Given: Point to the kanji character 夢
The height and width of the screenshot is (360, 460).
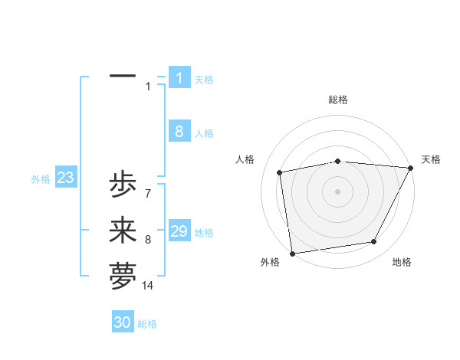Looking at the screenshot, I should pyautogui.click(x=123, y=277).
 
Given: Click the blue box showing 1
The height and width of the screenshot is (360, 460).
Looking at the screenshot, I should pyautogui.click(x=179, y=77).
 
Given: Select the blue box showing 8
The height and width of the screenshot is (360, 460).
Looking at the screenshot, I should pyautogui.click(x=179, y=132).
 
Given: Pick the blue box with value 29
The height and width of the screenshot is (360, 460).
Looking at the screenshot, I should pyautogui.click(x=179, y=231).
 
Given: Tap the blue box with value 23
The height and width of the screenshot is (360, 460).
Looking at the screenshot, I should pyautogui.click(x=66, y=178).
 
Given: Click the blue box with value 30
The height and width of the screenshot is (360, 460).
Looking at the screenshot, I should pyautogui.click(x=123, y=322).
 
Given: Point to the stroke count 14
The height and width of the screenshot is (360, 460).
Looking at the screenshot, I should pyautogui.click(x=148, y=286).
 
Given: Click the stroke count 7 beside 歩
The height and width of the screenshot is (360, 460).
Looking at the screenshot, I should pyautogui.click(x=148, y=194).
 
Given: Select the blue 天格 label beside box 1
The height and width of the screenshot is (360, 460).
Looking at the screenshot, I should pyautogui.click(x=204, y=79).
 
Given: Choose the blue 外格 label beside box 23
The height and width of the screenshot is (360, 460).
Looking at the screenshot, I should pyautogui.click(x=41, y=179).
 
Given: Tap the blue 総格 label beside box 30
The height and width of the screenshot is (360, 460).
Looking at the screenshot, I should pyautogui.click(x=147, y=324).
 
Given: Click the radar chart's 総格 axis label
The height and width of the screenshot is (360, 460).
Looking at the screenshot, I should pyautogui.click(x=338, y=100).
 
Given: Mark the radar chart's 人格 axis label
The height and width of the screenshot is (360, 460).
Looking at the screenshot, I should pyautogui.click(x=245, y=159).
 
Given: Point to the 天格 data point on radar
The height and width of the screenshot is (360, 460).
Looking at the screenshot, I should pyautogui.click(x=410, y=168).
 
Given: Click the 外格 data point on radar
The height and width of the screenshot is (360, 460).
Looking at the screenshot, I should pyautogui.click(x=292, y=253).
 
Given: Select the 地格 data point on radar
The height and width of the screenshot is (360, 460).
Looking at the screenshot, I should pyautogui.click(x=374, y=242).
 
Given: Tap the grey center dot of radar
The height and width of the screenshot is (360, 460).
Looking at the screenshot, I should pyautogui.click(x=337, y=191).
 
